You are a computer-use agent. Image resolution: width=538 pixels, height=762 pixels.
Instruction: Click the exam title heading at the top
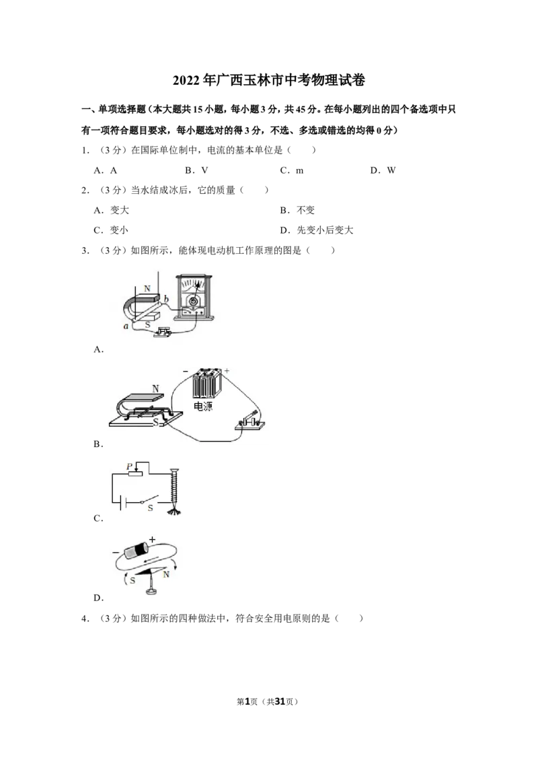pyautogui.click(x=268, y=80)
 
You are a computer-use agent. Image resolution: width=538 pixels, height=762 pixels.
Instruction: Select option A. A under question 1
pyautogui.click(x=106, y=170)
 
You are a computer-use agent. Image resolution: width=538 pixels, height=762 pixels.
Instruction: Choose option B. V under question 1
pyautogui.click(x=196, y=170)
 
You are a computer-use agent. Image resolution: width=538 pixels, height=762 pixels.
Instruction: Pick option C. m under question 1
pyautogui.click(x=292, y=170)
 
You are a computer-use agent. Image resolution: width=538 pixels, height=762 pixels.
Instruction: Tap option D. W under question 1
pyautogui.click(x=383, y=170)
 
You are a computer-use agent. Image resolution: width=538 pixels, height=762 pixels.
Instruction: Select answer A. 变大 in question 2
pyautogui.click(x=111, y=210)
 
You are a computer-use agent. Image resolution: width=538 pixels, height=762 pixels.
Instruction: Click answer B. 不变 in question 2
pyautogui.click(x=297, y=210)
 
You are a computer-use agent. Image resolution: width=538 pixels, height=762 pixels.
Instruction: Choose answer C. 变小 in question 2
pyautogui.click(x=111, y=230)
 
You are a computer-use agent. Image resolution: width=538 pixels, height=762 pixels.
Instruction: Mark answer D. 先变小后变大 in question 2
pyautogui.click(x=317, y=230)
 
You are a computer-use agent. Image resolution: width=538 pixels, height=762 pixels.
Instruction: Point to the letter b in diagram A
pyautogui.click(x=166, y=299)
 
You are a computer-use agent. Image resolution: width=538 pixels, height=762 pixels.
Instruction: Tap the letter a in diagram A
pyautogui.click(x=126, y=326)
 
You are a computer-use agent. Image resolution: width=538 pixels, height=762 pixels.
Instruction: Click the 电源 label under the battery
pyautogui.click(x=203, y=406)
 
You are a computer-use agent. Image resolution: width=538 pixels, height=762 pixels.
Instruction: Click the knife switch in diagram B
pyautogui.click(x=249, y=421)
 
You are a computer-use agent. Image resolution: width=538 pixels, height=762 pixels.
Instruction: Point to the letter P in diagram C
pyautogui.click(x=129, y=466)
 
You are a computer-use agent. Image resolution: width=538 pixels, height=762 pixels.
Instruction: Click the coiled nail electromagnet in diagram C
pyautogui.click(x=174, y=491)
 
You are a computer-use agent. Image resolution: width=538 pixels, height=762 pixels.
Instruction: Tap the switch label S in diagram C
pyautogui.click(x=151, y=508)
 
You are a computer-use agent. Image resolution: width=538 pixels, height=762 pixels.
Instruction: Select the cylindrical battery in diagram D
pyautogui.click(x=137, y=550)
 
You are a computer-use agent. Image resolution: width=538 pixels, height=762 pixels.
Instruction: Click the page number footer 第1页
pyautogui.click(x=247, y=701)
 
